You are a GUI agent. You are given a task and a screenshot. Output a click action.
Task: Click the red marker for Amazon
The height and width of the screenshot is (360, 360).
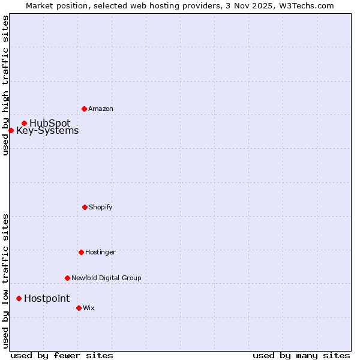pos(84,109)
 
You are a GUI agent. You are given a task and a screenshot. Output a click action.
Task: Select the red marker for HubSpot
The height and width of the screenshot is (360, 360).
pos(24,123)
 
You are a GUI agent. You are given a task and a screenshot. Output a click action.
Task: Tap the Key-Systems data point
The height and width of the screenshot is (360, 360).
pos(11,130)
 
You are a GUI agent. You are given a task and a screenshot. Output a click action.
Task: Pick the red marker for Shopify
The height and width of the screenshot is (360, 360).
pos(85,207)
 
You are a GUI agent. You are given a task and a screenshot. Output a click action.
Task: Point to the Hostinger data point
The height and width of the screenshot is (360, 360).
pos(81,252)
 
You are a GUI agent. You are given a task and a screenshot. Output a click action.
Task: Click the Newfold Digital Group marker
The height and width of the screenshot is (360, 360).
pos(67,278)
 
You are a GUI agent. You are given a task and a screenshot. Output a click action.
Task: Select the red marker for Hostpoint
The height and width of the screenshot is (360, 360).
pos(19,298)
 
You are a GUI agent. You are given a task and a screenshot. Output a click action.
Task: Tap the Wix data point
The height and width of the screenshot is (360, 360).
pos(79,308)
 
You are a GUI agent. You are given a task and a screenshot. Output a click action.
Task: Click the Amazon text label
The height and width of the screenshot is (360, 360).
pos(101,109)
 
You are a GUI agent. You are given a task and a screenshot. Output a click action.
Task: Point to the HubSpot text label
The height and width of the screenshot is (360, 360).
pos(50,124)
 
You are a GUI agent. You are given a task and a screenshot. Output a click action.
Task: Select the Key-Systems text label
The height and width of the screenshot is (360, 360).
pos(47,131)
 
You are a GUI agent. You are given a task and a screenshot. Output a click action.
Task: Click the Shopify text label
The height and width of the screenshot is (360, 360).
pos(101,208)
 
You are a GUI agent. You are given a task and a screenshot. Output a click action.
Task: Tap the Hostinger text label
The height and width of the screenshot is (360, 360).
pos(100,253)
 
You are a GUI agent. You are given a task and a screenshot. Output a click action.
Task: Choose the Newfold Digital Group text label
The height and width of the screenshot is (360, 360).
pos(106,278)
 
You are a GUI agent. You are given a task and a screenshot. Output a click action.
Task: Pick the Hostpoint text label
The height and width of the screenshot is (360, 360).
pos(47,299)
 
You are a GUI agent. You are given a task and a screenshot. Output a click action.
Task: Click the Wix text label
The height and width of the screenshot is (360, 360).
pos(89,308)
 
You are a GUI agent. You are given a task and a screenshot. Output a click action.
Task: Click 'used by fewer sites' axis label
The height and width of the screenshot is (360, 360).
pos(62,355)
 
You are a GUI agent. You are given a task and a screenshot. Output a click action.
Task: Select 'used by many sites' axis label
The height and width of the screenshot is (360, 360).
pos(301,355)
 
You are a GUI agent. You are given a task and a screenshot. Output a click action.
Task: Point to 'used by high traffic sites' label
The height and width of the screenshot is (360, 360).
pos(5,85)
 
